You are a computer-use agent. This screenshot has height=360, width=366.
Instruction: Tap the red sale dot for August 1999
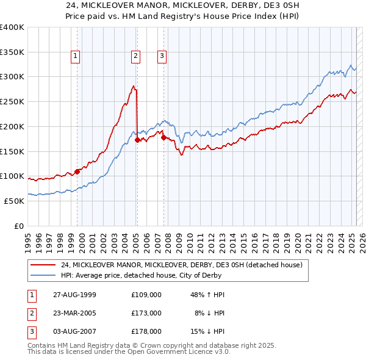(x=77, y=171)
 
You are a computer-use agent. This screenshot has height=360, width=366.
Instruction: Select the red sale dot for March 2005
(x=137, y=140)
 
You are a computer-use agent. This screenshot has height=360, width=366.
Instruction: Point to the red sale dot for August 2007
(x=163, y=137)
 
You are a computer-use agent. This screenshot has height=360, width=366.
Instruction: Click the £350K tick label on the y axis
(x=12, y=52)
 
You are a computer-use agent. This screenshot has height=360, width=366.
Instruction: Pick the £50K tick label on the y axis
(x=15, y=201)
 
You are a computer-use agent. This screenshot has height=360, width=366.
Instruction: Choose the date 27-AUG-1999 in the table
(x=74, y=295)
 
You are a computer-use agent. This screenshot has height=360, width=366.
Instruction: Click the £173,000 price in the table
(x=146, y=313)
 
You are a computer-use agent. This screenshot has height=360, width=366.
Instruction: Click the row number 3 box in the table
(x=31, y=331)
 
